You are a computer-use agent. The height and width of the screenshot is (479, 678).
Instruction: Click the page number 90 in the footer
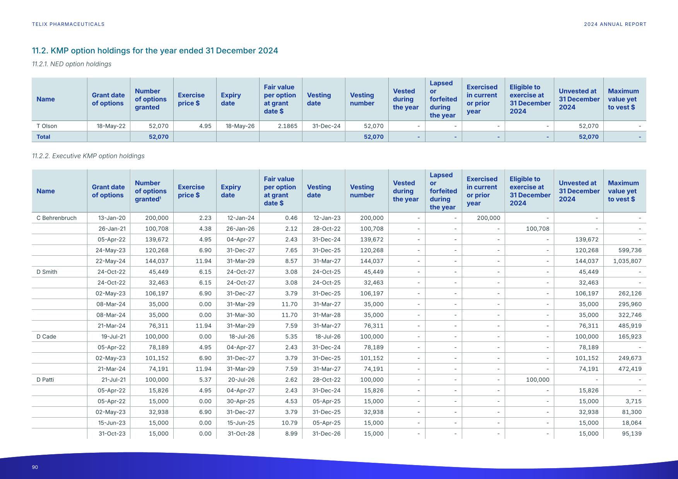click(x=35, y=467)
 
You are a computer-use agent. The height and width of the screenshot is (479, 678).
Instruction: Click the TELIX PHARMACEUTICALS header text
click(x=68, y=24)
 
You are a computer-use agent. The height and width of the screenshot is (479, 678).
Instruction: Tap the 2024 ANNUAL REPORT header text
click(x=615, y=24)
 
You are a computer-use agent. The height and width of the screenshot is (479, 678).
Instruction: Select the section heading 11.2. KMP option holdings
click(x=155, y=51)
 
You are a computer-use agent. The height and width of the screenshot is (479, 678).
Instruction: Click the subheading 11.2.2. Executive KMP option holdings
click(x=88, y=156)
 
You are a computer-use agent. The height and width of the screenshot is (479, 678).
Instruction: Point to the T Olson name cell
click(x=47, y=126)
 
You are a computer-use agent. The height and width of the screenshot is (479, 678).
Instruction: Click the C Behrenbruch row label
click(x=56, y=218)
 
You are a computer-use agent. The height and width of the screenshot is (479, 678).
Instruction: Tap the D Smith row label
click(x=47, y=272)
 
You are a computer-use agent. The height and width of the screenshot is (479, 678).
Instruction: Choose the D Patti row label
click(x=45, y=380)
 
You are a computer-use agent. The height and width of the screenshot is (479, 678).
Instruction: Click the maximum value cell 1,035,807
click(x=627, y=261)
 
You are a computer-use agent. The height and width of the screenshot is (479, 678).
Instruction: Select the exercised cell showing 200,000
click(x=488, y=218)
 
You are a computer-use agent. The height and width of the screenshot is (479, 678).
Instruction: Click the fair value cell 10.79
click(x=289, y=423)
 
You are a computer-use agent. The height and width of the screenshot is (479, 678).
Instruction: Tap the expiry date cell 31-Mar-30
click(x=240, y=315)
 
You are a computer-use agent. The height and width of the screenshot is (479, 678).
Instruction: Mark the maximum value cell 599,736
click(x=630, y=250)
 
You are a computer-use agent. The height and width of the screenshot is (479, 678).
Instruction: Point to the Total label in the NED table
click(x=43, y=137)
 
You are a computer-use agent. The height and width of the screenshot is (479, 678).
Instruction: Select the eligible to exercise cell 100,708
click(x=537, y=229)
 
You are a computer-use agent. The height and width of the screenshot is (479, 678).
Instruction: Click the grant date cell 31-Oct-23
click(x=112, y=434)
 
